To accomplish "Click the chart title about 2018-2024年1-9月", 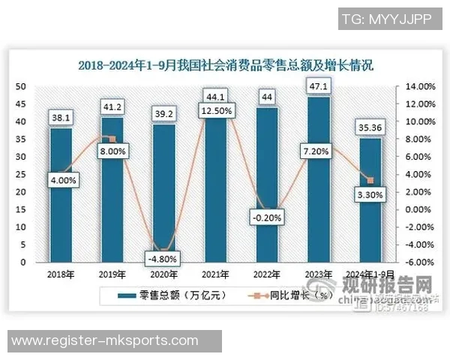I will [226, 66].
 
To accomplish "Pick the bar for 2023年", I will [319, 180].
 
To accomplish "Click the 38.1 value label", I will [61, 116].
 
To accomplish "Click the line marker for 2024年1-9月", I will [370, 180].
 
